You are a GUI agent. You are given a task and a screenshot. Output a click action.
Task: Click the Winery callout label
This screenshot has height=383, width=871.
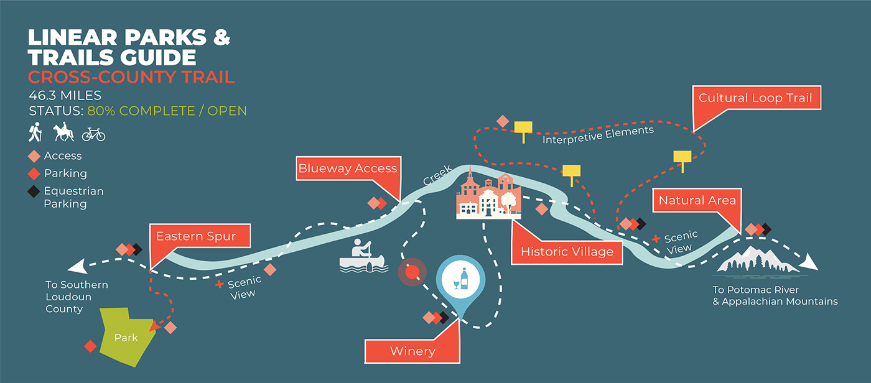(x=412, y=351)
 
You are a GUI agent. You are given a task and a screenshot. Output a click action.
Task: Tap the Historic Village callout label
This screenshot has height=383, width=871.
(x=567, y=252)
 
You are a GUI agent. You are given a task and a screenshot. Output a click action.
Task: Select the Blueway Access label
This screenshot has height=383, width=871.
(x=347, y=168)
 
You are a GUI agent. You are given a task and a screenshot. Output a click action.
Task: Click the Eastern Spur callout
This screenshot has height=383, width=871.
(x=201, y=236)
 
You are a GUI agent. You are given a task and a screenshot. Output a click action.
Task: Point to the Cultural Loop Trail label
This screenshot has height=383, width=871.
(x=755, y=98)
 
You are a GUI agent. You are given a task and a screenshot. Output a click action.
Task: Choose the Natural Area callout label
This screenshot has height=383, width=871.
(x=697, y=200)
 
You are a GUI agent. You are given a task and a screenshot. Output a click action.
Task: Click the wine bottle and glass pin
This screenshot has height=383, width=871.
(x=460, y=279)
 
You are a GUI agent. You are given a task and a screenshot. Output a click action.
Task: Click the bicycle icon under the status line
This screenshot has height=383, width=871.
(x=93, y=134)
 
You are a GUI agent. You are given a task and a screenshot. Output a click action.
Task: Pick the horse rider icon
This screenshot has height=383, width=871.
(x=64, y=132)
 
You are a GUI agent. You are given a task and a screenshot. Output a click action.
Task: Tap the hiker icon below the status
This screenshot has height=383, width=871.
(x=35, y=132)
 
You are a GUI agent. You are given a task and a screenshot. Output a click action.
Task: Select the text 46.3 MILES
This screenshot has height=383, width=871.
(x=65, y=96)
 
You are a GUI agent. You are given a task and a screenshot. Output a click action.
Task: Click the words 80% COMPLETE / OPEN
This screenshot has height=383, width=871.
(x=167, y=111)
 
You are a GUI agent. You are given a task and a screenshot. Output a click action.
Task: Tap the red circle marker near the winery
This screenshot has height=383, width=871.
(x=411, y=272)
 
